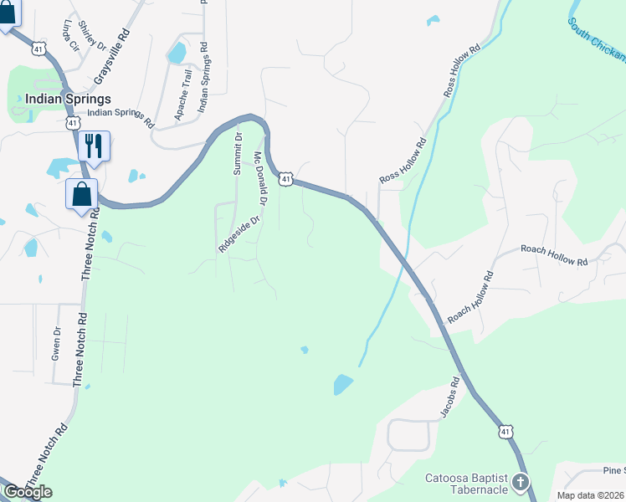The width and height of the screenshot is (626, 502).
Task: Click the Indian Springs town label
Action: point(56,99)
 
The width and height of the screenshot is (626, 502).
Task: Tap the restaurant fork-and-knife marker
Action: point(94,146)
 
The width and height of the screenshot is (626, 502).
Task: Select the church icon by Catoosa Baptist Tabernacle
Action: point(521,482)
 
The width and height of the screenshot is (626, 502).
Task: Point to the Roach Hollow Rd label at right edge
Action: point(554,255)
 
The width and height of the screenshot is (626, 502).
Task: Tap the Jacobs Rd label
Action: point(451,404)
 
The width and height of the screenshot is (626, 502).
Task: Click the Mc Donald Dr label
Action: point(260,178)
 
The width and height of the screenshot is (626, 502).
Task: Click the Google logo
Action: point(28,492)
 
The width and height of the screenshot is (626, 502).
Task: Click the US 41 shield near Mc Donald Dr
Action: point(286,179)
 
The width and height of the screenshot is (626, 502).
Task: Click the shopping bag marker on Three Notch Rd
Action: point(82,194)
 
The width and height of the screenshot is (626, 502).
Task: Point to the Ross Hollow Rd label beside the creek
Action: point(403,161)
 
